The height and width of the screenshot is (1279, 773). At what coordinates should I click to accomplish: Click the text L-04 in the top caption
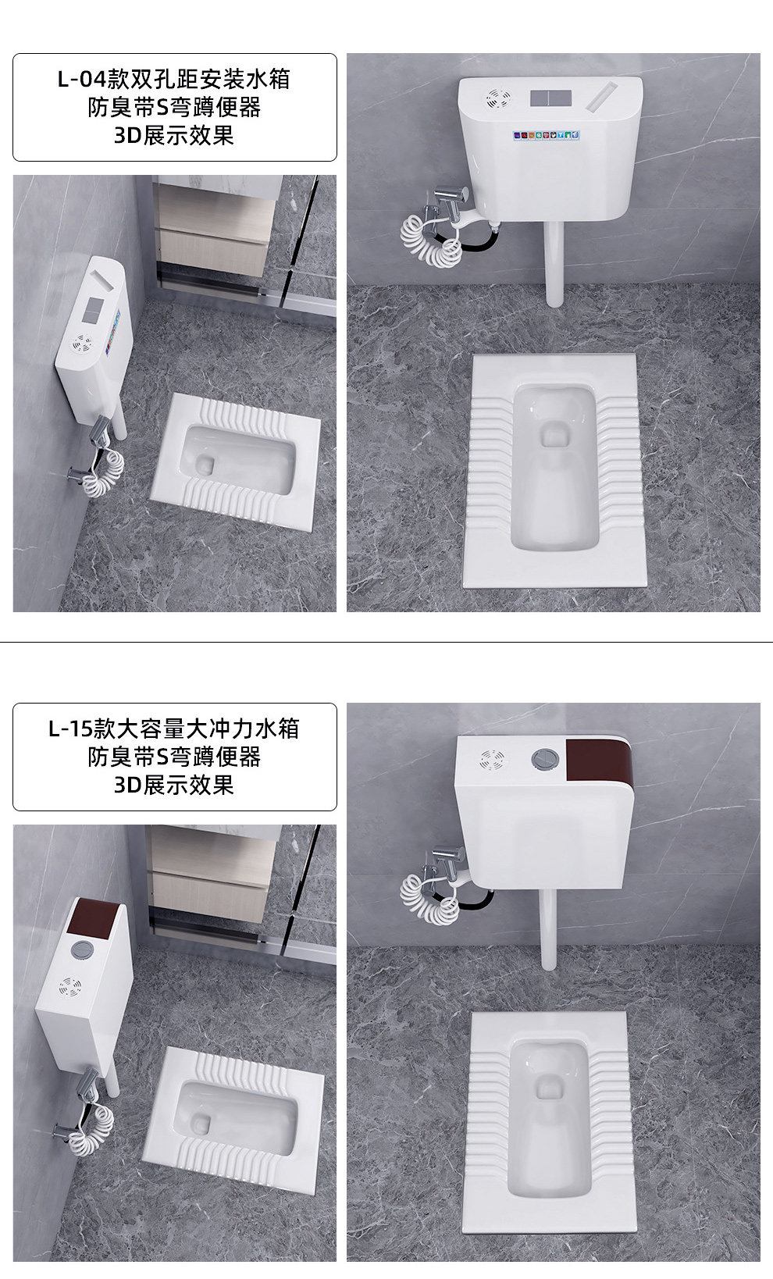[81, 80]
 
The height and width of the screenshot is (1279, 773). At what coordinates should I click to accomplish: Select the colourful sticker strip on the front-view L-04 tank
[547, 136]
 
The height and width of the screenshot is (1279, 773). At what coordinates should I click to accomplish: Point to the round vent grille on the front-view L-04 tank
[497, 98]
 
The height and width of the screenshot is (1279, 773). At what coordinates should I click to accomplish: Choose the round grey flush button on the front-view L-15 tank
[543, 757]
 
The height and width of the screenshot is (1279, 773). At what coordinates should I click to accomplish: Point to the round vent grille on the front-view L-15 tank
[493, 759]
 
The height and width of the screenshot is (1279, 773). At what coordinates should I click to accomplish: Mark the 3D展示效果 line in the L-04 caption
[174, 135]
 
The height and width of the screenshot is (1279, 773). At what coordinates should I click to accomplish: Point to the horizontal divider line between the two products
[386, 642]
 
